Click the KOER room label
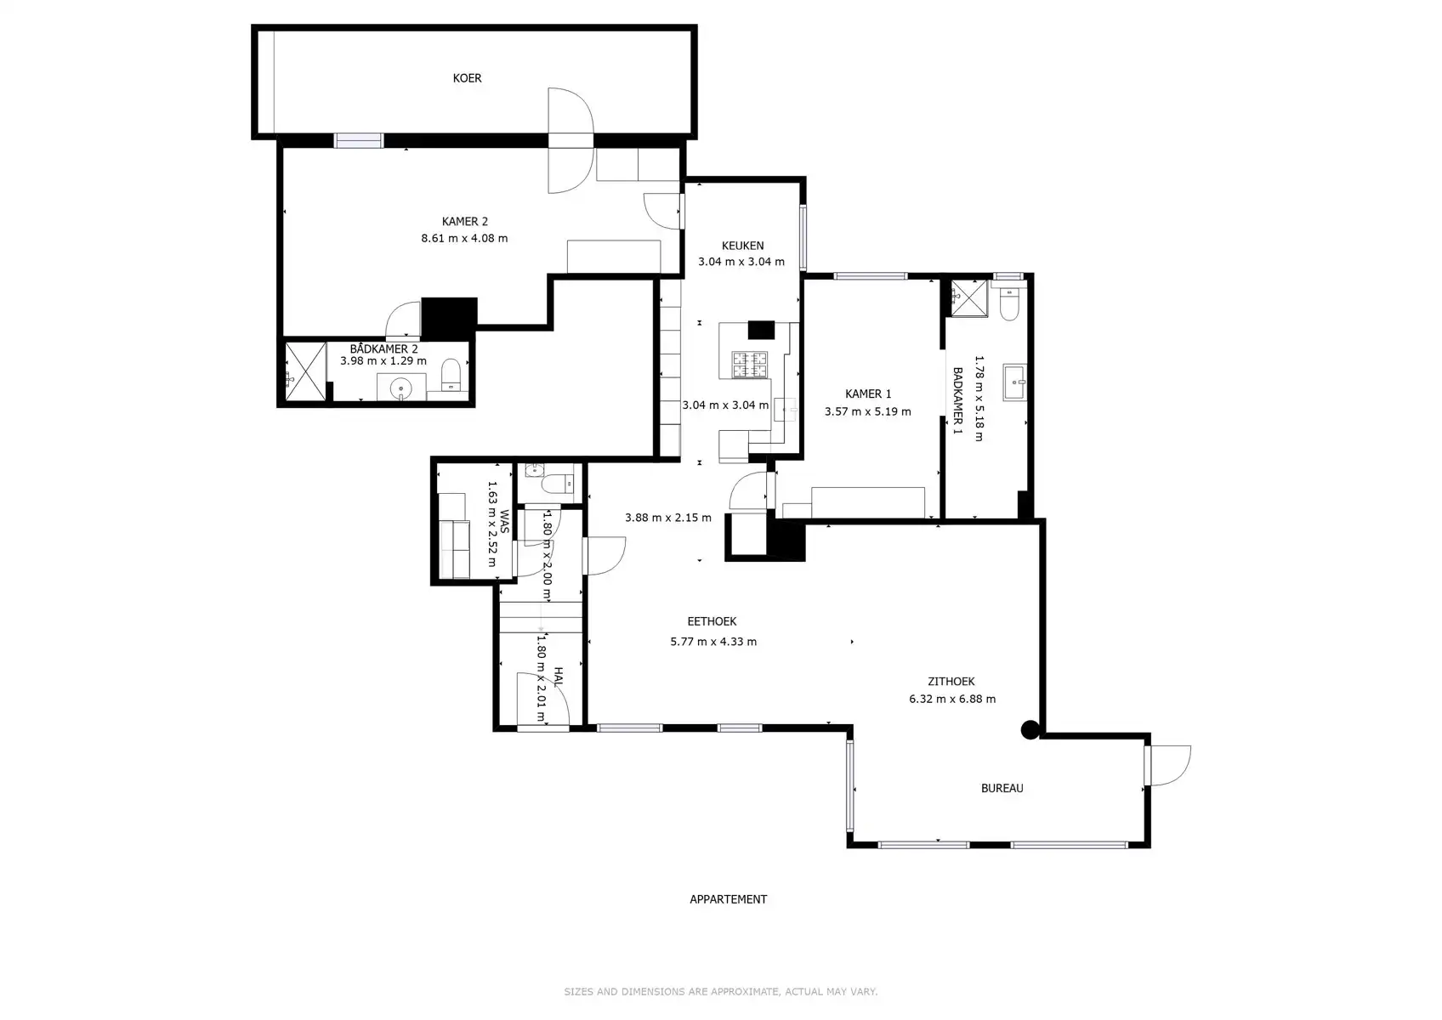pos(467,78)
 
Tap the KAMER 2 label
pos(464,222)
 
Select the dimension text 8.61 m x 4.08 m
pos(464,239)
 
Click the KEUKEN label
pos(742,246)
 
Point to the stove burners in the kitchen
pos(751,365)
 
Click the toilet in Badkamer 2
pos(451,374)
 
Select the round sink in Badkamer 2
pos(400,389)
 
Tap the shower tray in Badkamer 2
pos(305,371)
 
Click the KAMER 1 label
pos(868,394)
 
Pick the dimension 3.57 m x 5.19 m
pos(867,412)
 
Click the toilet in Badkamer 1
pos(1009,305)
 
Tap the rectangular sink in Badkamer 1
pos(1014,382)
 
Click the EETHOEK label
pos(712,622)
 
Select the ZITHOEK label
pos(951,682)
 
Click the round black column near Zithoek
pos(1030,729)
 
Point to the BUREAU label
pos(1002,789)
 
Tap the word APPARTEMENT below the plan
pos(728,899)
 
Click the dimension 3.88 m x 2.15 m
pos(667,518)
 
